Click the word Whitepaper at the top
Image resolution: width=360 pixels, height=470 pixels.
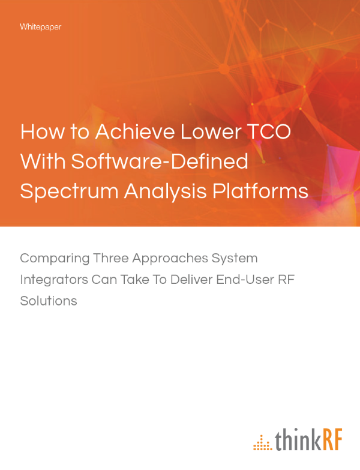[x=40, y=27]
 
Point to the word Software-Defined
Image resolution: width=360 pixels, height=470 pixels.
[x=160, y=161]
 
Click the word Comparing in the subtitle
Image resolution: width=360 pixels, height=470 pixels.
[x=53, y=259]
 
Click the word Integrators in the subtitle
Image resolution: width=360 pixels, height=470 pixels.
[x=52, y=280]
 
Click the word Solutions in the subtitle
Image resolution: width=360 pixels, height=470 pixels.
[x=49, y=301]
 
